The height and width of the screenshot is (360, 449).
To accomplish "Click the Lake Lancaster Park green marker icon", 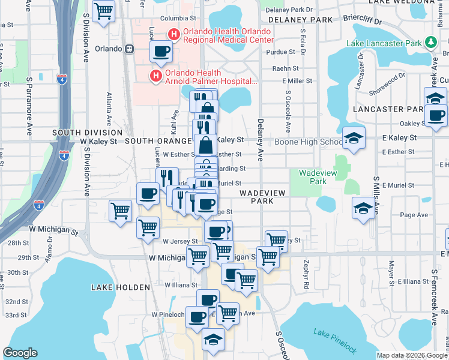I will pos(430,42).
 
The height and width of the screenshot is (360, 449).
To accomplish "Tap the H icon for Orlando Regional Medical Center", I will pos(174,35).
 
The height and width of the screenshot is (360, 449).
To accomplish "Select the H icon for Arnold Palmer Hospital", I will pos(155,76).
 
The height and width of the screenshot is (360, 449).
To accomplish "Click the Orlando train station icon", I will pos(129,49).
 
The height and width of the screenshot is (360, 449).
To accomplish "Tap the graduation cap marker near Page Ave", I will pos(363,208).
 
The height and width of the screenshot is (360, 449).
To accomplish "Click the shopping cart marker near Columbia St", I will pos(104,11).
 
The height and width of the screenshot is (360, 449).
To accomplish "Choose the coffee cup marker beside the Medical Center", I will pos(161,52).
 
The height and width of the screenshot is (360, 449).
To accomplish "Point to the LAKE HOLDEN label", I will pos(116,288).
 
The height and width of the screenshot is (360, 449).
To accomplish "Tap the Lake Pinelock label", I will pos(335,341).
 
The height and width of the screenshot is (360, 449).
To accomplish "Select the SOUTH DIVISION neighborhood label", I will pos(87,133).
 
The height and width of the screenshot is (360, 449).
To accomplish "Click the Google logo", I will pos(20,353).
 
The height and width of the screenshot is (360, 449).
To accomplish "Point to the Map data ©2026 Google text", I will pos(411,355).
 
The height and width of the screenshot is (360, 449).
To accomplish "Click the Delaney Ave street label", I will pos(261,147).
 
